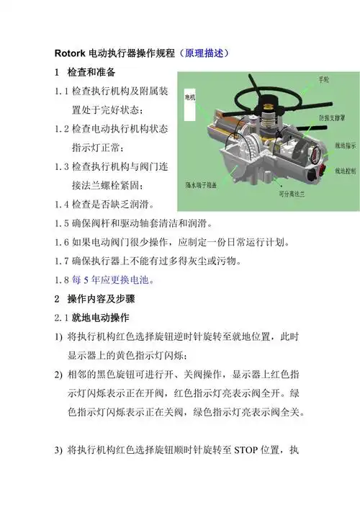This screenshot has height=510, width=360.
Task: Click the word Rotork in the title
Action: coord(71,54)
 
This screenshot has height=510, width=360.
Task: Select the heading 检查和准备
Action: coord(96,74)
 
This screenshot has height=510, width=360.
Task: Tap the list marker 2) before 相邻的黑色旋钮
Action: coord(59,375)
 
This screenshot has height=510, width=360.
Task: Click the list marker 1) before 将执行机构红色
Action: coord(59,336)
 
